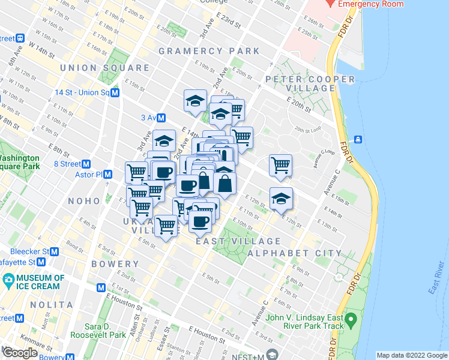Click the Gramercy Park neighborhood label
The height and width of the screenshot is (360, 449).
click(209, 51)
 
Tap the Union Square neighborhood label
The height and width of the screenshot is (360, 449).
click(104, 68)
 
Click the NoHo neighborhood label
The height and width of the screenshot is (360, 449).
click(87, 201)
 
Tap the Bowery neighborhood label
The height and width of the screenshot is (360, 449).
click(115, 264)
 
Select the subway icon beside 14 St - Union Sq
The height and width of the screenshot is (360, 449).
click(115, 93)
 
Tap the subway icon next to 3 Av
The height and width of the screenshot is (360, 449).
click(162, 118)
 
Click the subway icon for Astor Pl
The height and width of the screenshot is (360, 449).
click(108, 175)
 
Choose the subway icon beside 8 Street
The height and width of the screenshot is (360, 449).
click(86, 163)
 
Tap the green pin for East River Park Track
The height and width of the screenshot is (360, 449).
click(352, 318)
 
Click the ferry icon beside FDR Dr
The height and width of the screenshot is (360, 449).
click(358, 139)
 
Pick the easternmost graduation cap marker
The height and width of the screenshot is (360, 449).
click(280, 199)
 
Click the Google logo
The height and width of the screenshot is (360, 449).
click(20, 353)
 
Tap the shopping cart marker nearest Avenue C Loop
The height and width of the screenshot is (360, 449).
click(280, 165)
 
